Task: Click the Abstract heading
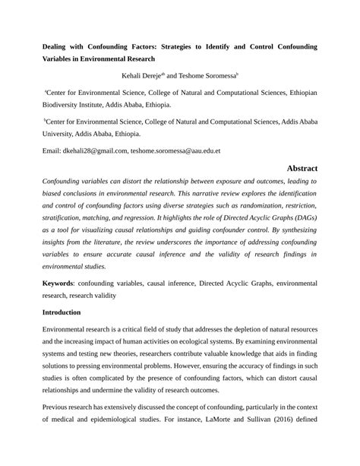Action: pyautogui.click(x=302, y=167)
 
